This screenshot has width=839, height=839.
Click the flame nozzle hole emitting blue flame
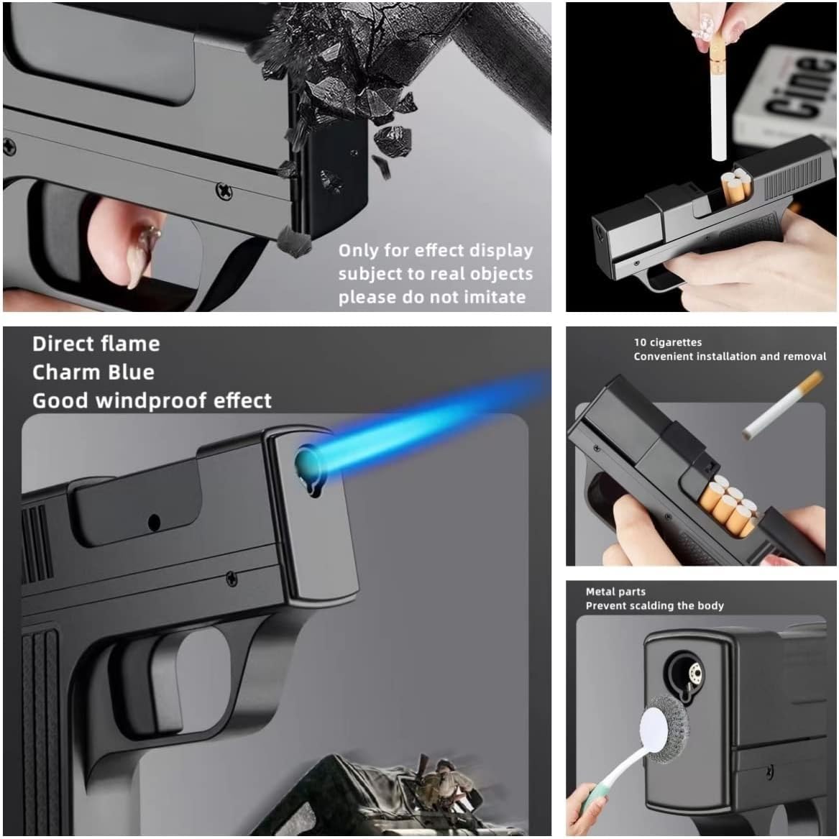point(307,464)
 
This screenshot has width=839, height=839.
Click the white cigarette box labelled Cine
point(786,100)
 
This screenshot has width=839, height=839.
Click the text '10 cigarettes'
point(667,342)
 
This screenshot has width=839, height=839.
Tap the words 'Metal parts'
point(615,592)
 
